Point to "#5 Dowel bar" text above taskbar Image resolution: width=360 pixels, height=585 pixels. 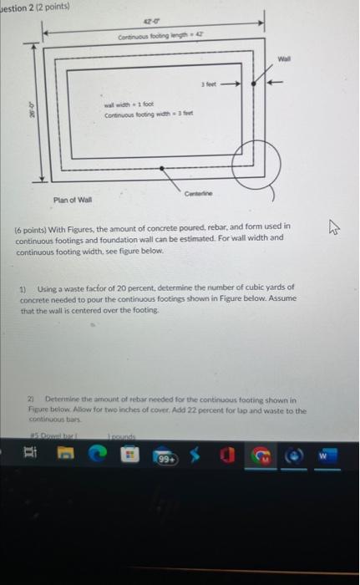(x=38, y=436)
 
